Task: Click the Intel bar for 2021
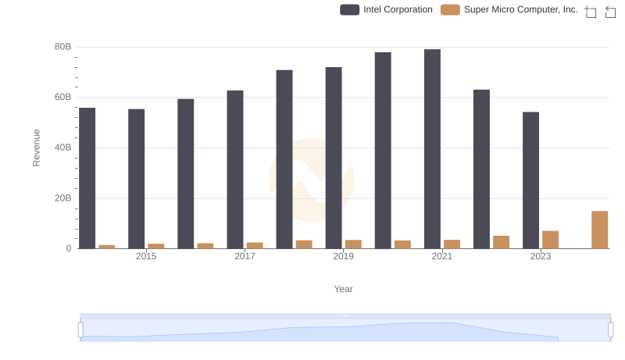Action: click(x=432, y=149)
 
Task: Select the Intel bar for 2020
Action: click(x=383, y=151)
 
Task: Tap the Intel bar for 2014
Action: click(x=87, y=178)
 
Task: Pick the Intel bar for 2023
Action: click(x=530, y=180)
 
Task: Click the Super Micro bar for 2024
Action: click(x=599, y=230)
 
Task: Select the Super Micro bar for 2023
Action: click(x=550, y=240)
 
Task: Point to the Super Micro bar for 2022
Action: click(x=501, y=242)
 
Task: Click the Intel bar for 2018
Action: click(x=284, y=159)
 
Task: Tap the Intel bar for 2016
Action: click(x=185, y=173)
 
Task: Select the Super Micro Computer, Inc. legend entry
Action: click(x=510, y=9)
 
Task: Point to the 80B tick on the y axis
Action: click(x=63, y=47)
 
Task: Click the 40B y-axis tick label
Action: click(x=63, y=148)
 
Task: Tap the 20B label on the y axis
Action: click(x=63, y=198)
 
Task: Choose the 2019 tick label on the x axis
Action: click(x=343, y=256)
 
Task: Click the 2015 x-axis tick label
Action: click(x=146, y=256)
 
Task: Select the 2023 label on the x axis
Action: click(x=541, y=256)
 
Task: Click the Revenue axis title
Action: click(x=36, y=148)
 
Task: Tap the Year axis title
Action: click(x=344, y=289)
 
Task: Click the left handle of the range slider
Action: click(x=80, y=330)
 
